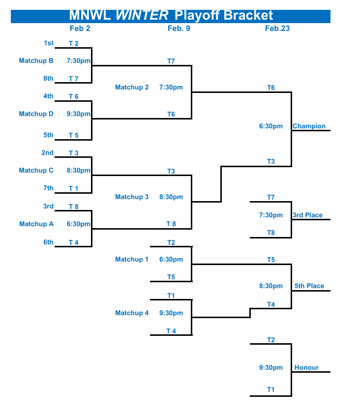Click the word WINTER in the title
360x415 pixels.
click(x=142, y=15)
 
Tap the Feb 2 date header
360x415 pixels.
click(x=80, y=29)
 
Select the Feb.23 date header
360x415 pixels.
click(x=277, y=29)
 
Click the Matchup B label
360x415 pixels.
click(x=36, y=61)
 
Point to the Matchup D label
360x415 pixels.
click(x=36, y=114)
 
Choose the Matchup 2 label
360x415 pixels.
click(x=132, y=88)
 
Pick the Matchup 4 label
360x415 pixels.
click(x=132, y=313)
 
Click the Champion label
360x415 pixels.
click(x=309, y=126)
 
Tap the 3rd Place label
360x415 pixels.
click(x=307, y=215)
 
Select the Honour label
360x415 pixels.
click(x=306, y=368)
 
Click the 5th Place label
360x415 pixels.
click(x=309, y=286)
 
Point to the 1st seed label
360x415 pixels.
click(x=49, y=43)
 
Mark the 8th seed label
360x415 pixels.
click(x=48, y=79)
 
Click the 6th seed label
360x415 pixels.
click(x=48, y=242)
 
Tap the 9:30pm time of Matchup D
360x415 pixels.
click(x=79, y=114)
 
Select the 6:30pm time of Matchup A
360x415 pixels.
click(x=79, y=224)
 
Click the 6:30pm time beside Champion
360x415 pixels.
click(x=271, y=126)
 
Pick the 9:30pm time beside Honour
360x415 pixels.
click(x=271, y=368)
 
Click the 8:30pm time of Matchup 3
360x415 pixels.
click(x=171, y=197)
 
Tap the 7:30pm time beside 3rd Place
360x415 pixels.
click(x=271, y=215)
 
